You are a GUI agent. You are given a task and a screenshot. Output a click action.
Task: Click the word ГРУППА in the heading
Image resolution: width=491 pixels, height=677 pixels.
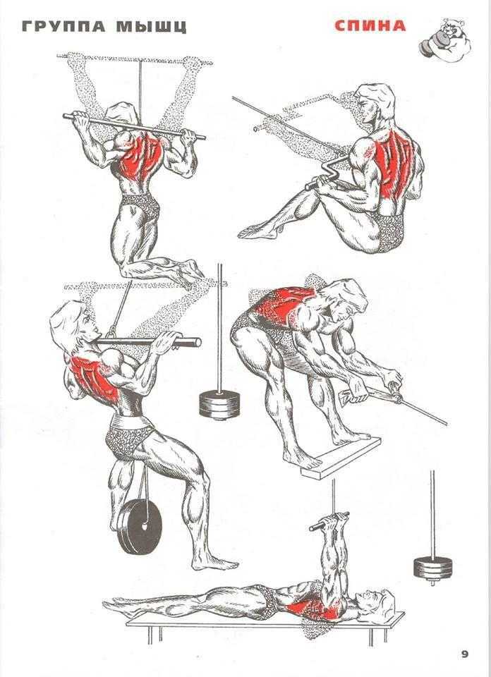pyautogui.click(x=63, y=27)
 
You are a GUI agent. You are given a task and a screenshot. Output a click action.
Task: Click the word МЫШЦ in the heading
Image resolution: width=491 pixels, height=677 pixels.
pyautogui.click(x=152, y=27)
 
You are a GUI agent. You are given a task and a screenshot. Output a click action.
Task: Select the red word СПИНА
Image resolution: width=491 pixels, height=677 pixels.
pyautogui.click(x=370, y=26)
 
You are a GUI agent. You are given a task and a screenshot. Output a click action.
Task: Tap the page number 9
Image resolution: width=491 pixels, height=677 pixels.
pyautogui.click(x=464, y=654)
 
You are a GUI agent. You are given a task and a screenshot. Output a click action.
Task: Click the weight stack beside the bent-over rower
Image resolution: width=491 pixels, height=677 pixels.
pyautogui.click(x=219, y=405)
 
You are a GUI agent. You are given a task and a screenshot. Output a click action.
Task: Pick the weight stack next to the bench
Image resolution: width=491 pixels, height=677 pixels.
pyautogui.click(x=433, y=567)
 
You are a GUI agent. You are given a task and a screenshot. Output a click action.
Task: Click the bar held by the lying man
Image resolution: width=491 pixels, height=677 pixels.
pyautogui.click(x=329, y=520)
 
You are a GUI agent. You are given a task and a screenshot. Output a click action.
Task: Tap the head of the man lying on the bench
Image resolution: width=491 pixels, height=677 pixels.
pyautogui.click(x=377, y=602)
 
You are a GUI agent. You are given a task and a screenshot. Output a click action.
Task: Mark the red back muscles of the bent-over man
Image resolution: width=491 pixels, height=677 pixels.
pyautogui.click(x=283, y=305)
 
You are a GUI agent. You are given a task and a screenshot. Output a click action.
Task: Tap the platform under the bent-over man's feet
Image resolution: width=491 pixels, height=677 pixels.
pyautogui.click(x=341, y=458)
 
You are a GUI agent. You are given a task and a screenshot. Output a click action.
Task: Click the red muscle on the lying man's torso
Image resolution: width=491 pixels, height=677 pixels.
pyautogui.click(x=312, y=608)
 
